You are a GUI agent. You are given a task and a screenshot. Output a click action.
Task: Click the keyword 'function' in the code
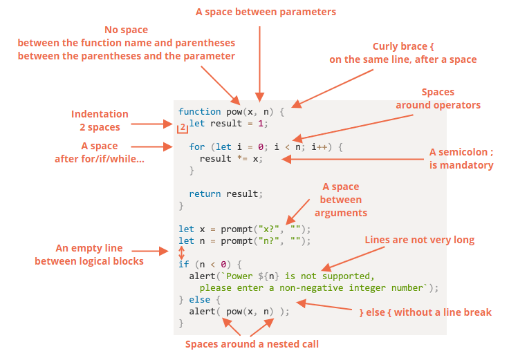(199, 111)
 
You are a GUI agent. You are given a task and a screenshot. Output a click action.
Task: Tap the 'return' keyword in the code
(205, 193)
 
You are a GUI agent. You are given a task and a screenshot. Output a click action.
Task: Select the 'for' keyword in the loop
(196, 147)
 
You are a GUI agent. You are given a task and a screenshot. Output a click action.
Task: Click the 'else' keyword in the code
(199, 299)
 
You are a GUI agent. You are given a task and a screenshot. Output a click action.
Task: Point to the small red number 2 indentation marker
(183, 127)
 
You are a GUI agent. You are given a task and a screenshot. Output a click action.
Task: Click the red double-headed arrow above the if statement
(181, 253)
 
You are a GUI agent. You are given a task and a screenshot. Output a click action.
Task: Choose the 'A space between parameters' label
(266, 12)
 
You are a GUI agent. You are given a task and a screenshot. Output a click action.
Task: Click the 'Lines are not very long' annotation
(419, 240)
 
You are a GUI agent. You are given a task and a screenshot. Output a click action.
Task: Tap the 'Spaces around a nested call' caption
(252, 344)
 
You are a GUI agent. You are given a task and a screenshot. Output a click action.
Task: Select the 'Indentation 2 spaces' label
(100, 121)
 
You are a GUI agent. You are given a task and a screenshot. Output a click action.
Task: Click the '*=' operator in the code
(242, 159)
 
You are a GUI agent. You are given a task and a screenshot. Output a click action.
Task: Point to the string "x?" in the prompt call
(268, 229)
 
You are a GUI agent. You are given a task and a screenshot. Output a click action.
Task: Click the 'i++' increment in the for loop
(319, 147)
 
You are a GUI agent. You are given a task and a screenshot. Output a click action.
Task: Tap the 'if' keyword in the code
(183, 265)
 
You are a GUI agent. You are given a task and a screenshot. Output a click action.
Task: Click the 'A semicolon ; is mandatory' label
(461, 159)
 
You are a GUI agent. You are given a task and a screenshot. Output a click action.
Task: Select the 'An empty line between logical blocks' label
(89, 254)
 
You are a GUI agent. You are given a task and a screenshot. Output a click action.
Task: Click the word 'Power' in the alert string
(239, 276)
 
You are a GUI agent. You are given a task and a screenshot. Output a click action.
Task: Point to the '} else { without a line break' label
(425, 312)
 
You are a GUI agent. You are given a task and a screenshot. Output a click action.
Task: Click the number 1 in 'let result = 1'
(260, 123)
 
